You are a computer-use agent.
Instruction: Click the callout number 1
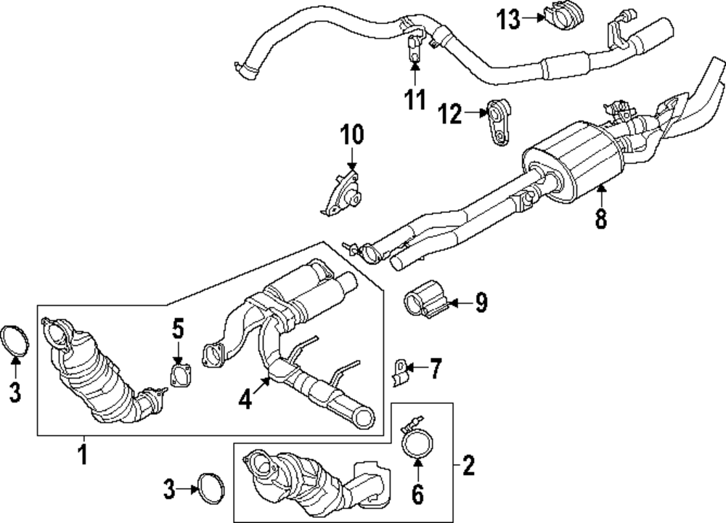[82, 455]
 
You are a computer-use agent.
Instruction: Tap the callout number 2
[468, 465]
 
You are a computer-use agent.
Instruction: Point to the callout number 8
[600, 218]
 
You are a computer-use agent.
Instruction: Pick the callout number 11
[415, 100]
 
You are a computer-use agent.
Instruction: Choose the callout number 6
[417, 494]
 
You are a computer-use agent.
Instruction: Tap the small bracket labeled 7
[400, 372]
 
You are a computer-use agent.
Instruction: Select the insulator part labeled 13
[559, 19]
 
